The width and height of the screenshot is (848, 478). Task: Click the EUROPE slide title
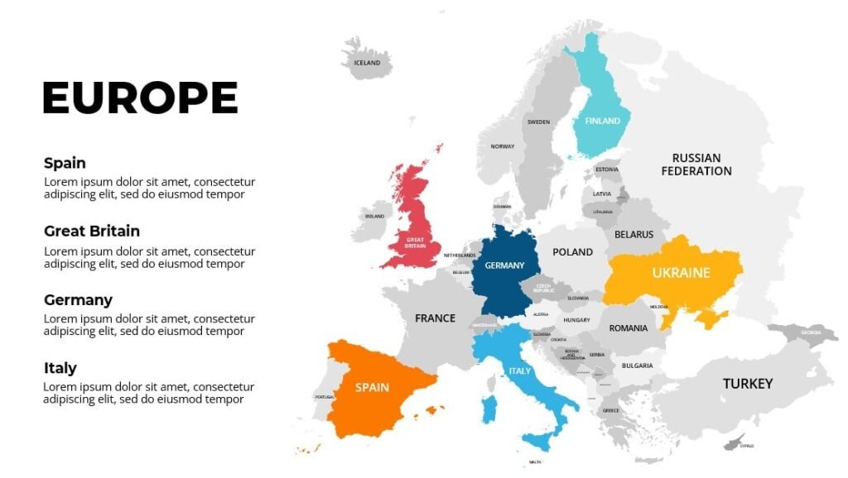pos(140,98)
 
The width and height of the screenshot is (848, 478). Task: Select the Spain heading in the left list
pos(65,163)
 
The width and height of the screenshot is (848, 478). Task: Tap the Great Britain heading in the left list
pos(91,231)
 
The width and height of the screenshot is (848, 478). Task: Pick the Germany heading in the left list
pos(78,299)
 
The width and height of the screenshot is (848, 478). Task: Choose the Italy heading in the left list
pos(60,368)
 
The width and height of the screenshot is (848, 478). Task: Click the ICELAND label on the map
pos(367,63)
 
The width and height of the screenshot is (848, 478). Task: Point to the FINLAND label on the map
pos(602,121)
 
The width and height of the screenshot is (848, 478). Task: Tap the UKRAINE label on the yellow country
pos(681,272)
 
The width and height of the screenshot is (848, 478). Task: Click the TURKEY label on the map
pos(747,384)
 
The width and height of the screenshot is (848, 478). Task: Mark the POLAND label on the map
pos(572,251)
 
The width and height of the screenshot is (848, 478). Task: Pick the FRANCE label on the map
pos(435,318)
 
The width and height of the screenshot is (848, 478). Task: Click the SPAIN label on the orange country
pos(372,387)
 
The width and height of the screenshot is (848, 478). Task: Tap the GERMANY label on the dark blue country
pos(504,265)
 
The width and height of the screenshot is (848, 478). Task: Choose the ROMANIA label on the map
pos(628,328)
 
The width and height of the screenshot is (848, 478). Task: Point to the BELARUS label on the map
pos(634,234)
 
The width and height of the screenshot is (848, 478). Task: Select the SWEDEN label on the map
pos(538,122)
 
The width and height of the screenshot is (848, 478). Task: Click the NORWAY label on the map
pos(502,146)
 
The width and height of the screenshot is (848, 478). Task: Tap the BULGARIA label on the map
pos(637,365)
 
